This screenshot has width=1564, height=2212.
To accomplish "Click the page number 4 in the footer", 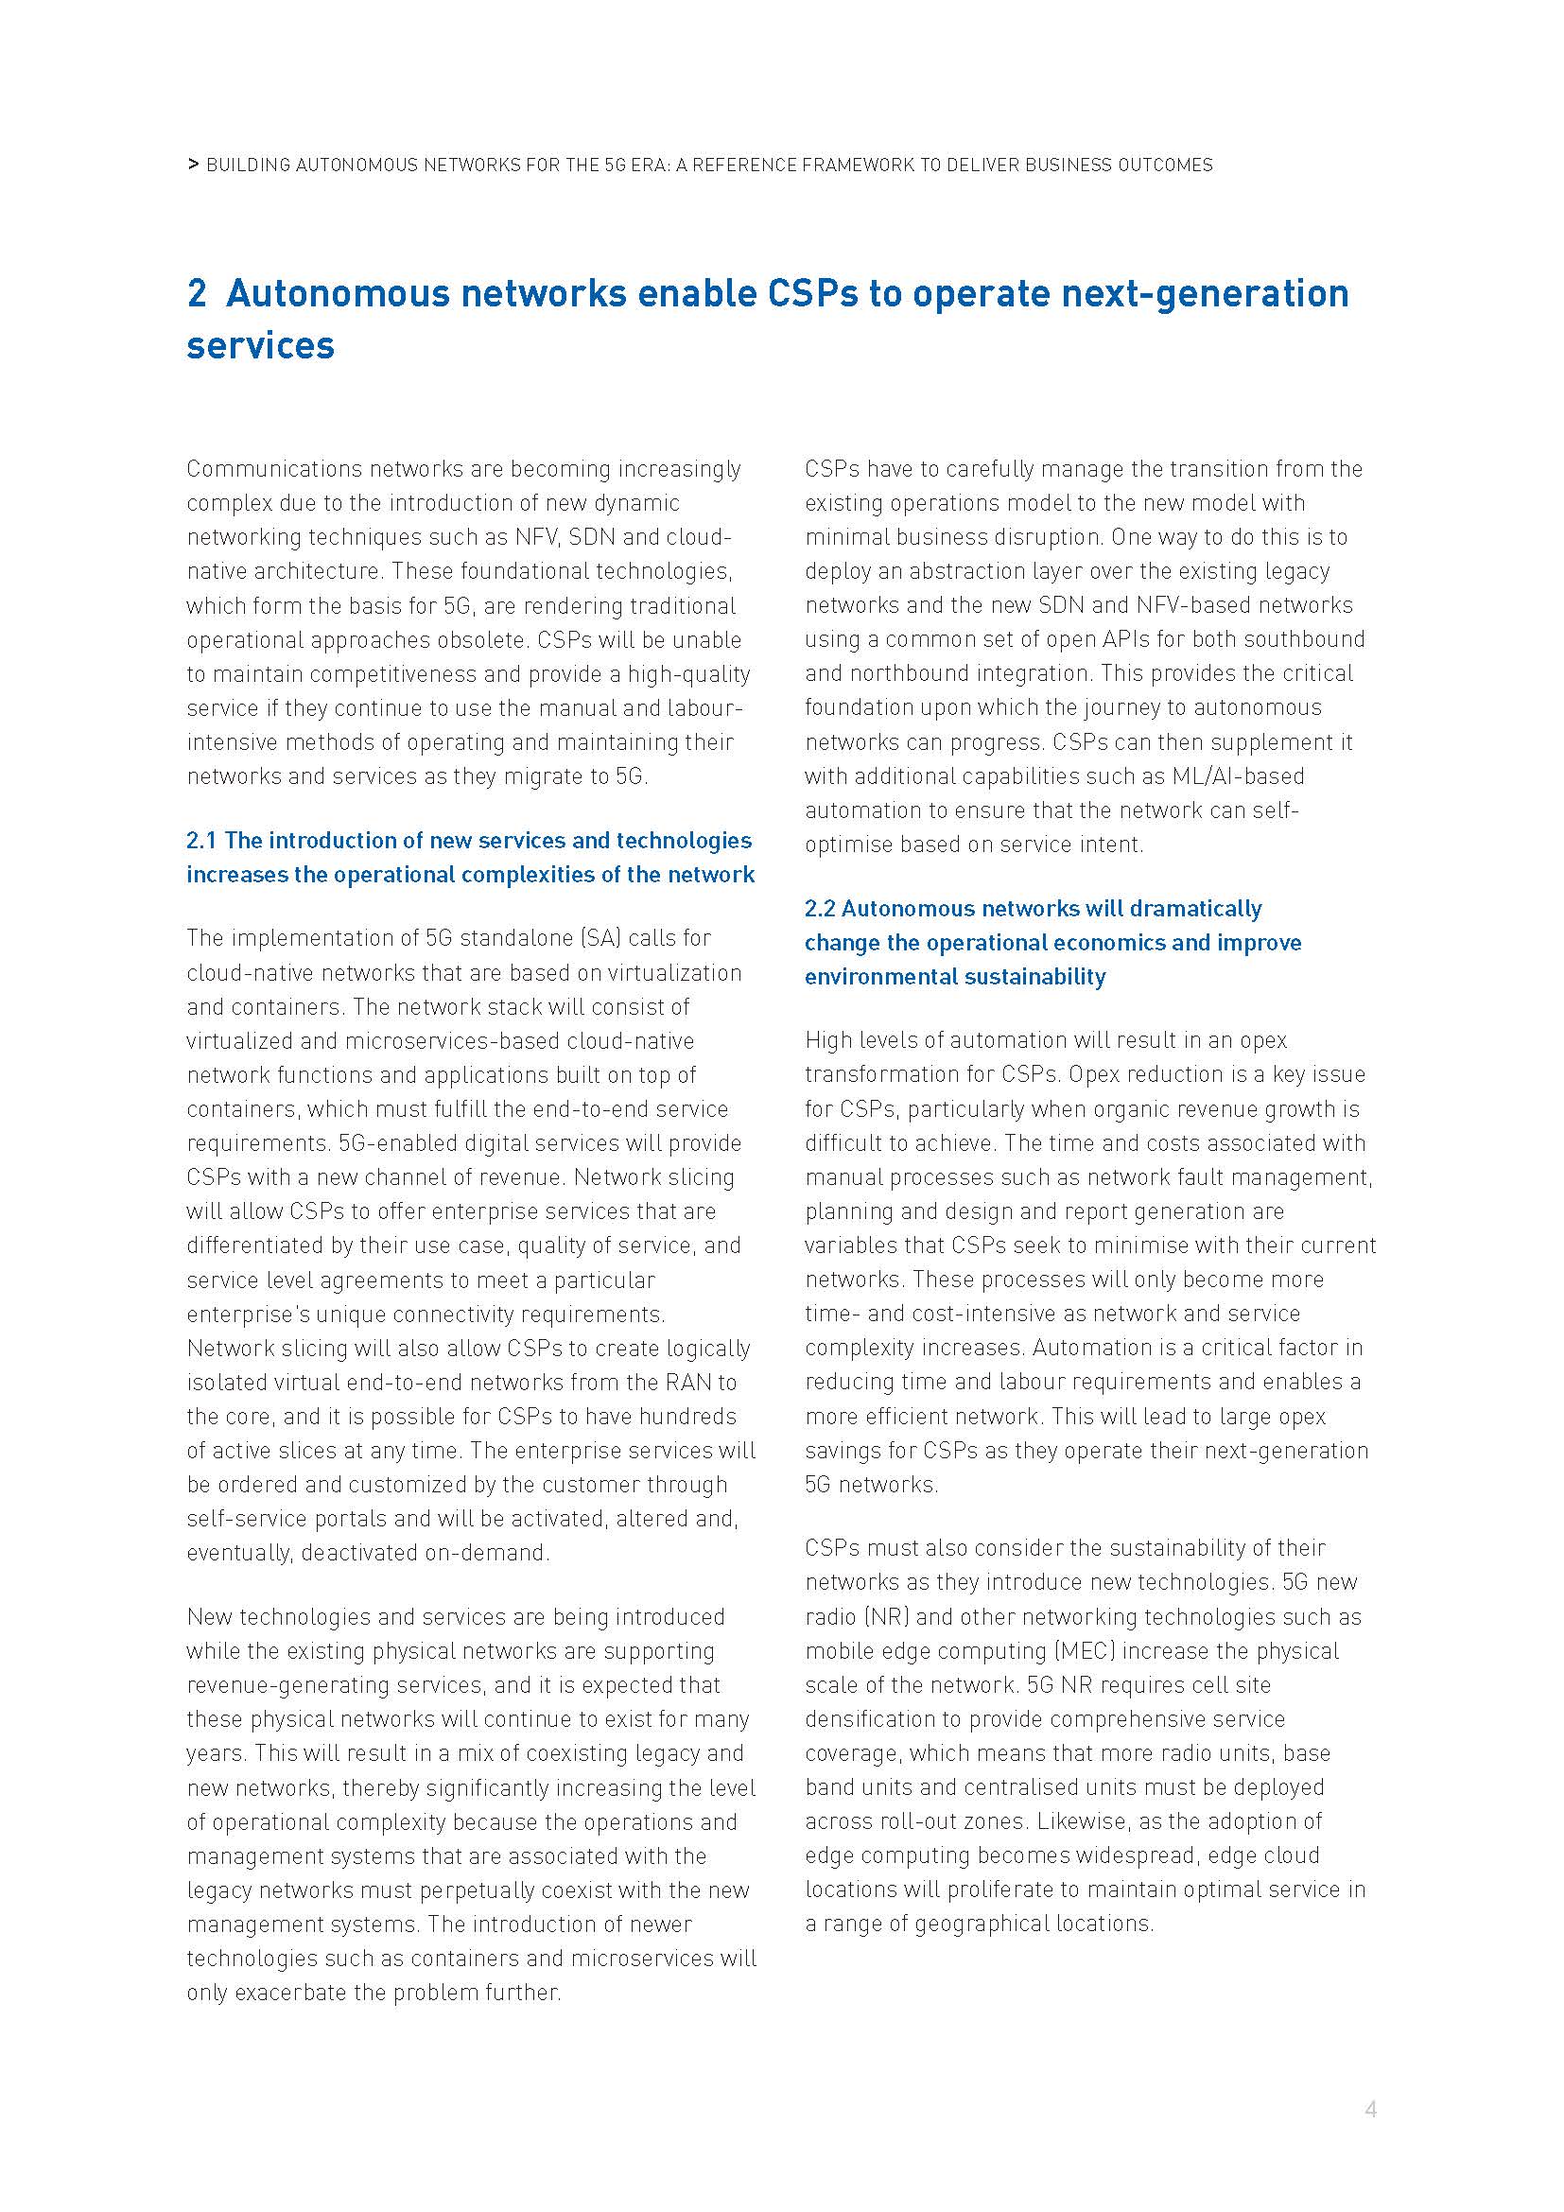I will pos(1370,2109).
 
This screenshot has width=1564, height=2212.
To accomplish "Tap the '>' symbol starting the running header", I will pos(194,165).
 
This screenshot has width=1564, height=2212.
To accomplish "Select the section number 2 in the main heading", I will pos(197,293).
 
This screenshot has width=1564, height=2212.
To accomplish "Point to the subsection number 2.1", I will pos(200,840).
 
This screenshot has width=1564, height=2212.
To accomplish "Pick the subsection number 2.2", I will pos(820,909).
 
